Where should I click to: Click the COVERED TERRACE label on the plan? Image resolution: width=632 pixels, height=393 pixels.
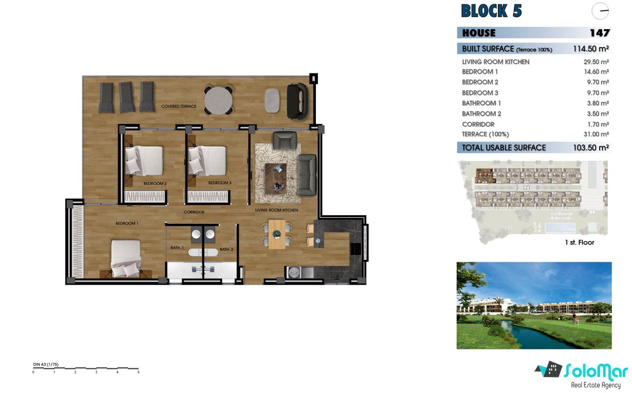pyautogui.click(x=178, y=106)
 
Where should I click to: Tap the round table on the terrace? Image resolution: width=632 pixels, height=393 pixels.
pyautogui.click(x=218, y=101)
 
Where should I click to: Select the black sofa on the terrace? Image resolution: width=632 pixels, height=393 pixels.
pyautogui.click(x=298, y=101)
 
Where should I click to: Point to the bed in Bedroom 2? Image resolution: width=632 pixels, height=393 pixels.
pyautogui.click(x=144, y=160)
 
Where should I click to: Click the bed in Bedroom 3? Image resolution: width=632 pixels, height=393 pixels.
pyautogui.click(x=208, y=160)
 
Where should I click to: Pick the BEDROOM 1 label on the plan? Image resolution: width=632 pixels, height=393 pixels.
pyautogui.click(x=127, y=223)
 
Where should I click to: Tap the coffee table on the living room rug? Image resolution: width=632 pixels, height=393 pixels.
pyautogui.click(x=276, y=178)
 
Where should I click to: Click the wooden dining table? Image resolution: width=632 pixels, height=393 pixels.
pyautogui.click(x=277, y=234)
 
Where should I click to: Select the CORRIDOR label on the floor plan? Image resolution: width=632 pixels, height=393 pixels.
pyautogui.click(x=194, y=212)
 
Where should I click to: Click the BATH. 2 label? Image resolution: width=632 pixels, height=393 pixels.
pyautogui.click(x=227, y=250)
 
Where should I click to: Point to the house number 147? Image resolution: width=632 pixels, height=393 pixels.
pyautogui.click(x=600, y=33)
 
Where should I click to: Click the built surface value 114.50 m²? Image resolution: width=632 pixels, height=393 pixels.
pyautogui.click(x=591, y=49)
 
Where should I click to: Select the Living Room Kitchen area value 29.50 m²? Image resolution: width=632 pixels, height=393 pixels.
pyautogui.click(x=596, y=62)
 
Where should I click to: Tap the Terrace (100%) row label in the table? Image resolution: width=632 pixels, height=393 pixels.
pyautogui.click(x=485, y=134)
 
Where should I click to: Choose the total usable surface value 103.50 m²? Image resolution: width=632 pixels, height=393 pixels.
pyautogui.click(x=591, y=148)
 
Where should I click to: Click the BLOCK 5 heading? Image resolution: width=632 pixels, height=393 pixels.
pyautogui.click(x=491, y=11)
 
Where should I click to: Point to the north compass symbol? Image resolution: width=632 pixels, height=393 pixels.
pyautogui.click(x=600, y=11)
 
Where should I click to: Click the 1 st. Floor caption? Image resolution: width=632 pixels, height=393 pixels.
pyautogui.click(x=579, y=242)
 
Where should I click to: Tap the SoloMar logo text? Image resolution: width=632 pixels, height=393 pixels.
pyautogui.click(x=596, y=372)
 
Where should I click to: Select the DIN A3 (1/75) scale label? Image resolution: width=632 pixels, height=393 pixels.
pyautogui.click(x=46, y=364)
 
